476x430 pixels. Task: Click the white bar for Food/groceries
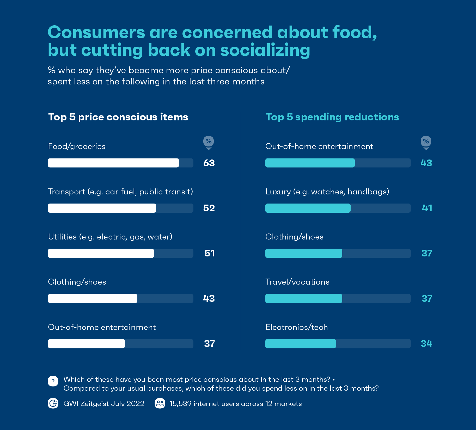click(x=113, y=163)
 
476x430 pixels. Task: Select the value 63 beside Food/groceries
click(x=209, y=163)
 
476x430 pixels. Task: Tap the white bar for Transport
click(x=102, y=208)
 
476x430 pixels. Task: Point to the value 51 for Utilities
click(x=210, y=253)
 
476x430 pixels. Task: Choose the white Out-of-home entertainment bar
click(x=86, y=343)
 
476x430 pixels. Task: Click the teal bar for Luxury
click(x=308, y=208)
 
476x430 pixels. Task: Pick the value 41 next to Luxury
click(x=427, y=208)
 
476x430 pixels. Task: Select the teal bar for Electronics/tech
click(x=301, y=343)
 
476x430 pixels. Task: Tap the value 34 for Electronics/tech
click(x=426, y=344)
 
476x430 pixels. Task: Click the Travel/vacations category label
click(x=297, y=282)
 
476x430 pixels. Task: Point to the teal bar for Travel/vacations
click(x=304, y=298)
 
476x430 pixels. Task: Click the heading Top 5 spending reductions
click(x=332, y=117)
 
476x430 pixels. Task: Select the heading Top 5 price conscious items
click(x=118, y=117)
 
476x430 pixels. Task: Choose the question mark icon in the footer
click(x=53, y=381)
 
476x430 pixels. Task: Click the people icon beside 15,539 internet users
click(x=160, y=403)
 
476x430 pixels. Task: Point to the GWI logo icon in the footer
click(x=53, y=403)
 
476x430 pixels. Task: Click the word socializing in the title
click(x=265, y=50)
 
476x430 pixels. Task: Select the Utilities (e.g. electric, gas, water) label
click(x=110, y=237)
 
